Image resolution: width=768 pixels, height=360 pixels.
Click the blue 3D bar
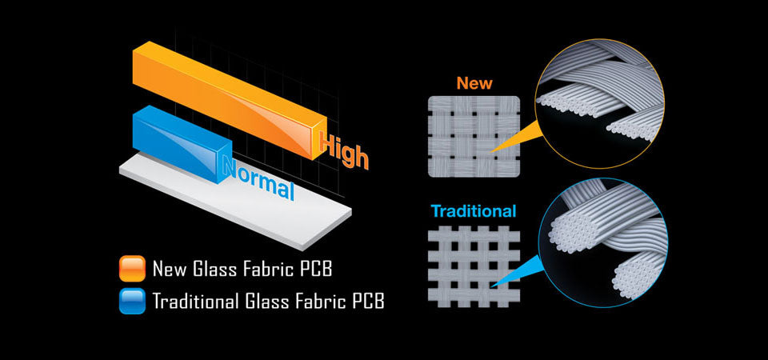176,136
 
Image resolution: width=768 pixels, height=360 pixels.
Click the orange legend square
131,269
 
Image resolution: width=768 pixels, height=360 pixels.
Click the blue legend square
131,302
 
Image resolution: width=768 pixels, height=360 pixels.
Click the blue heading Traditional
474,212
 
